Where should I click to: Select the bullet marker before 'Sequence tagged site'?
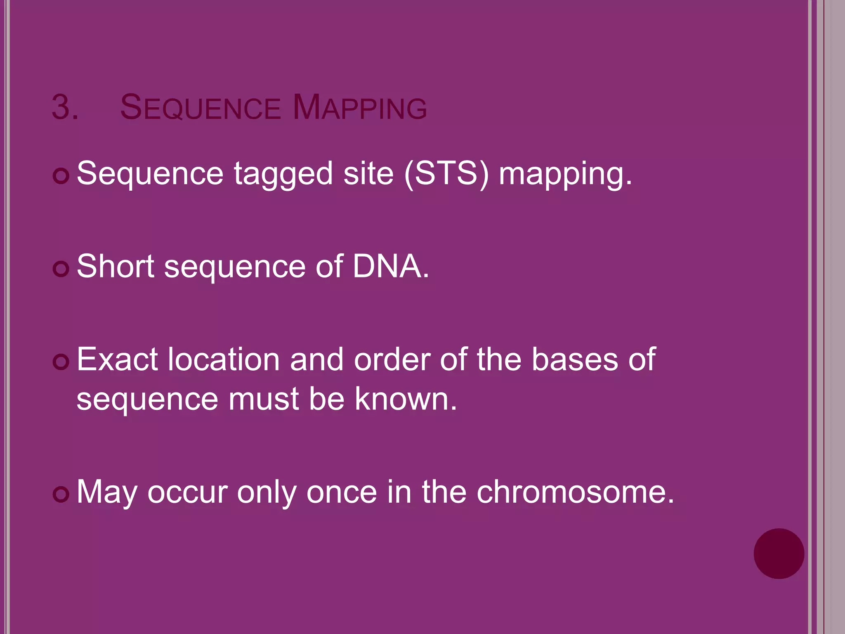click(x=61, y=176)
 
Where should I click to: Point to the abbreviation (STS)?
click(x=446, y=174)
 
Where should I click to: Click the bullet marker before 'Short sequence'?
click(x=61, y=270)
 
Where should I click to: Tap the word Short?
click(x=116, y=266)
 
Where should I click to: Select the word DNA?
click(x=390, y=266)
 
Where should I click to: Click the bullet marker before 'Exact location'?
click(x=61, y=362)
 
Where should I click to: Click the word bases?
click(x=574, y=360)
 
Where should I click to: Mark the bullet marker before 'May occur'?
click(x=61, y=494)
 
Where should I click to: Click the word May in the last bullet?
click(x=107, y=492)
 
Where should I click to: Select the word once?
click(x=342, y=492)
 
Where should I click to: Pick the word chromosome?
click(x=575, y=492)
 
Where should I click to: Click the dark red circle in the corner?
click(x=779, y=554)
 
